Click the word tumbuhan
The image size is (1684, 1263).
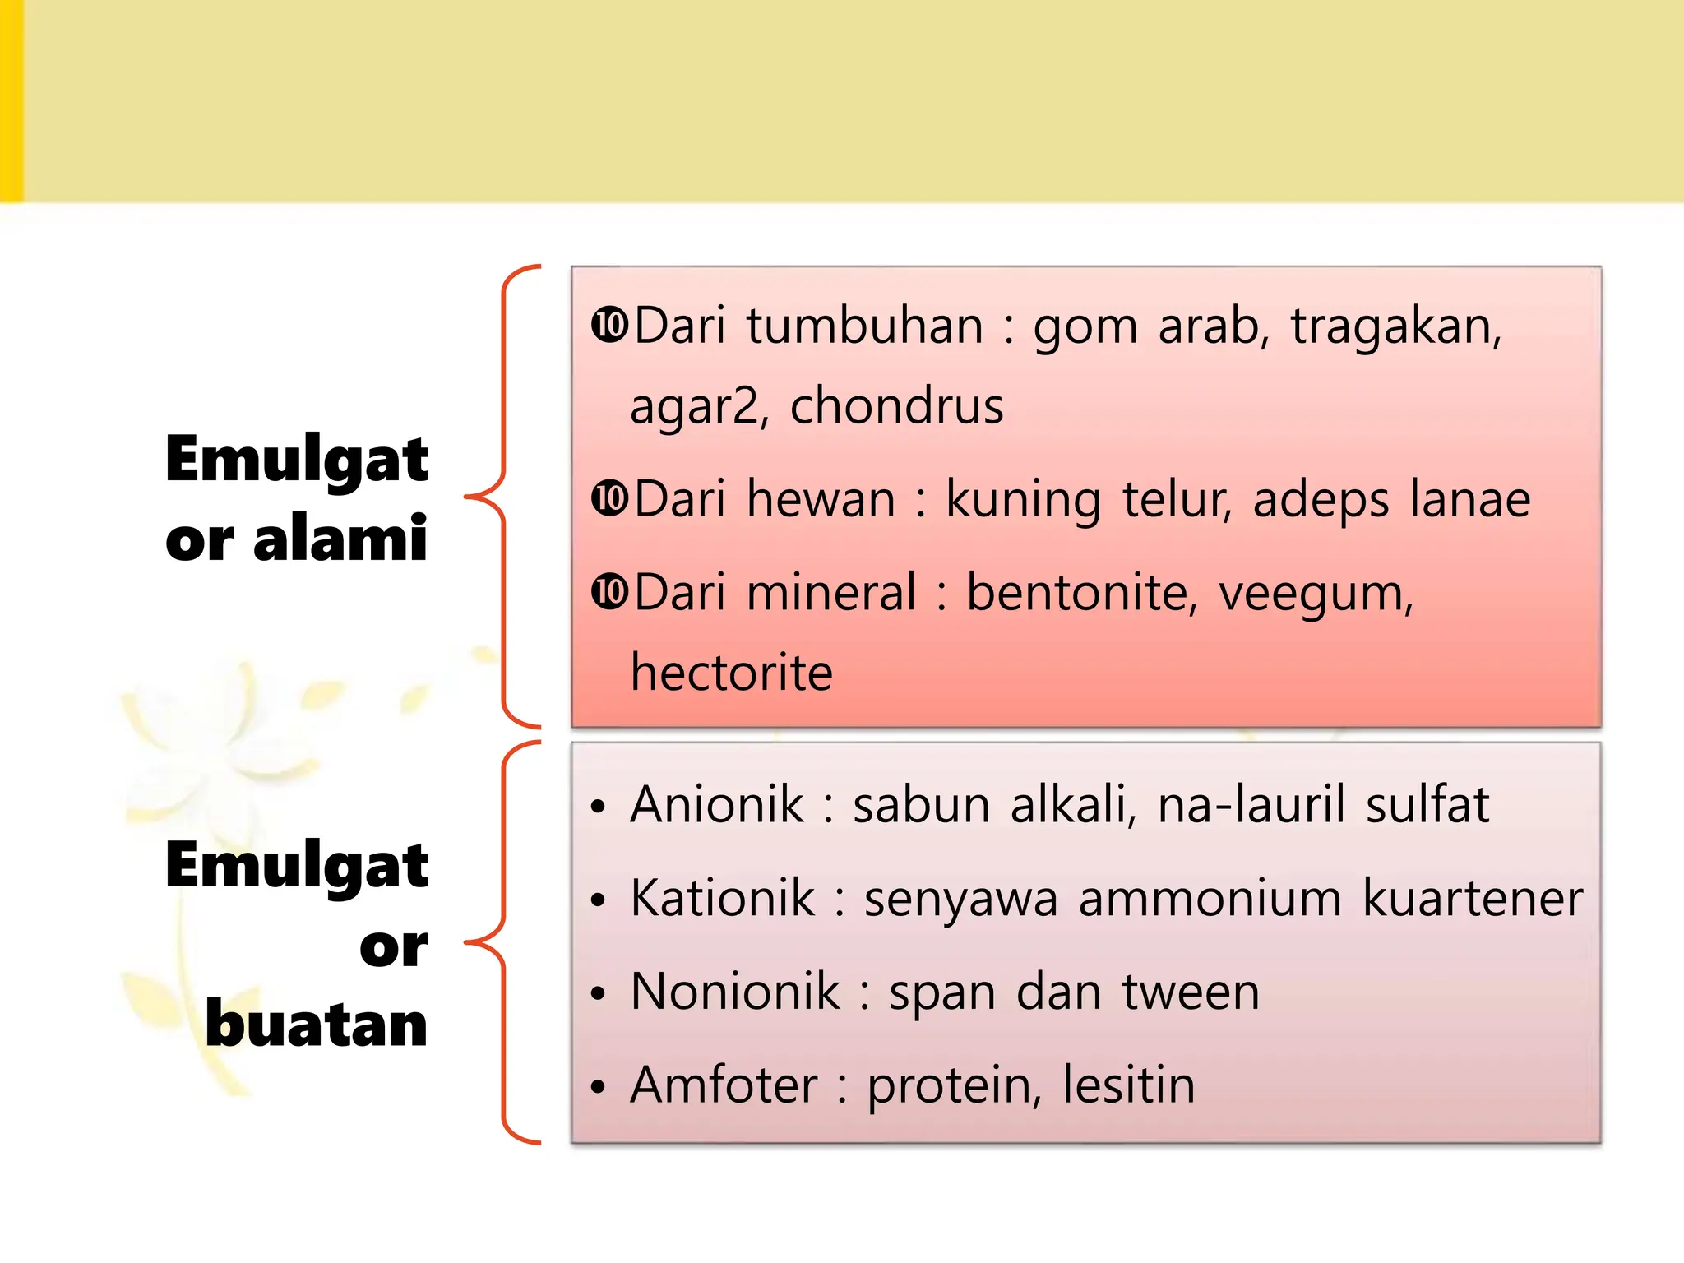coord(865,326)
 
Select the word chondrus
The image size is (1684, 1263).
coord(897,406)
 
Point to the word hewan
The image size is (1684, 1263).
coord(821,500)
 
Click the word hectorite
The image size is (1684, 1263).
coord(732,673)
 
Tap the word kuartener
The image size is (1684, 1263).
coord(1473,898)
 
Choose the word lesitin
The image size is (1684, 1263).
coord(1128,1085)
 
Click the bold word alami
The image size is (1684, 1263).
coord(340,539)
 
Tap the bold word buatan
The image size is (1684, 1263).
coord(317,1025)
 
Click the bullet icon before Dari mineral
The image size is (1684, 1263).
coord(609,592)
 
